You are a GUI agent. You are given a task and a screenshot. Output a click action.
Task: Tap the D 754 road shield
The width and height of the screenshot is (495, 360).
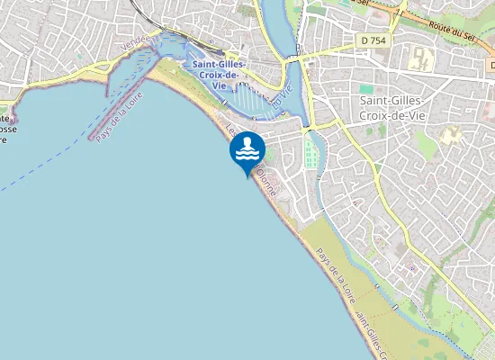[367, 40]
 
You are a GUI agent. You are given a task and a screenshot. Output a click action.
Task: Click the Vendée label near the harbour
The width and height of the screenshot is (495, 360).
[133, 42]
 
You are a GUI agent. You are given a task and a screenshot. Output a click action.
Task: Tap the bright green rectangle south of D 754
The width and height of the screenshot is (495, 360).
[366, 89]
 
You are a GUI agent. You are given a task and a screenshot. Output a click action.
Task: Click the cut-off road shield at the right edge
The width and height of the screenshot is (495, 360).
[491, 65]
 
